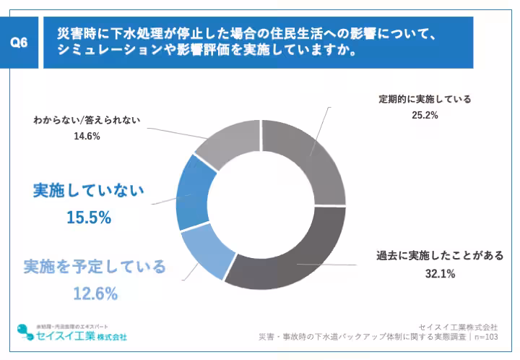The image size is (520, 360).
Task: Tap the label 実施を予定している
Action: (95, 267)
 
